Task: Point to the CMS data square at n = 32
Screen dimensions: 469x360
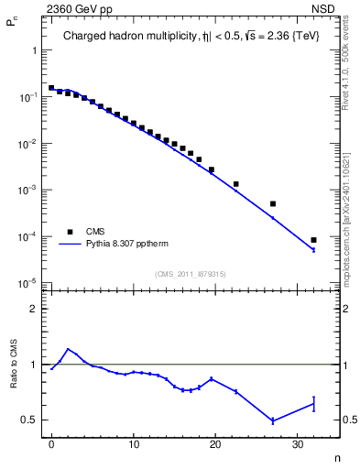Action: (313, 240)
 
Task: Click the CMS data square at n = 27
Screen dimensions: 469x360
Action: (273, 203)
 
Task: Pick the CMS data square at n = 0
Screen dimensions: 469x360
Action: (51, 88)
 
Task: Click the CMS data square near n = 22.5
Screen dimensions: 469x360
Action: (236, 184)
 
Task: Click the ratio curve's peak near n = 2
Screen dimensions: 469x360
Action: (68, 349)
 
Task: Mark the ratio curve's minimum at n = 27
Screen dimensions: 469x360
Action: (273, 420)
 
